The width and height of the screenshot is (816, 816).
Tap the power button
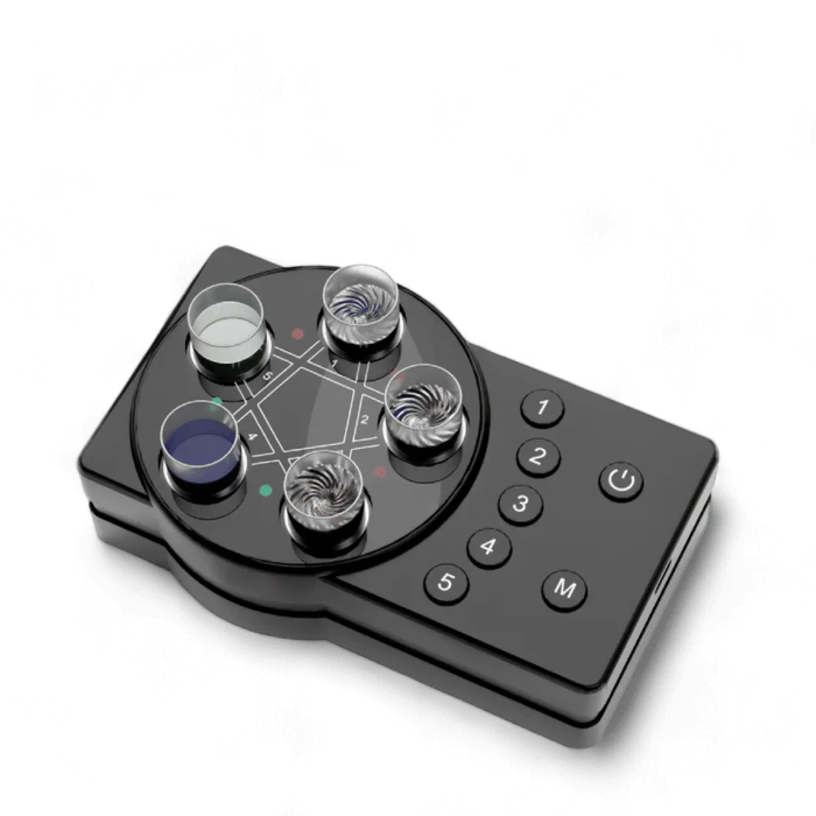point(621,481)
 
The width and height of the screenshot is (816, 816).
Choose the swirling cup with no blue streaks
point(325,491)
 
